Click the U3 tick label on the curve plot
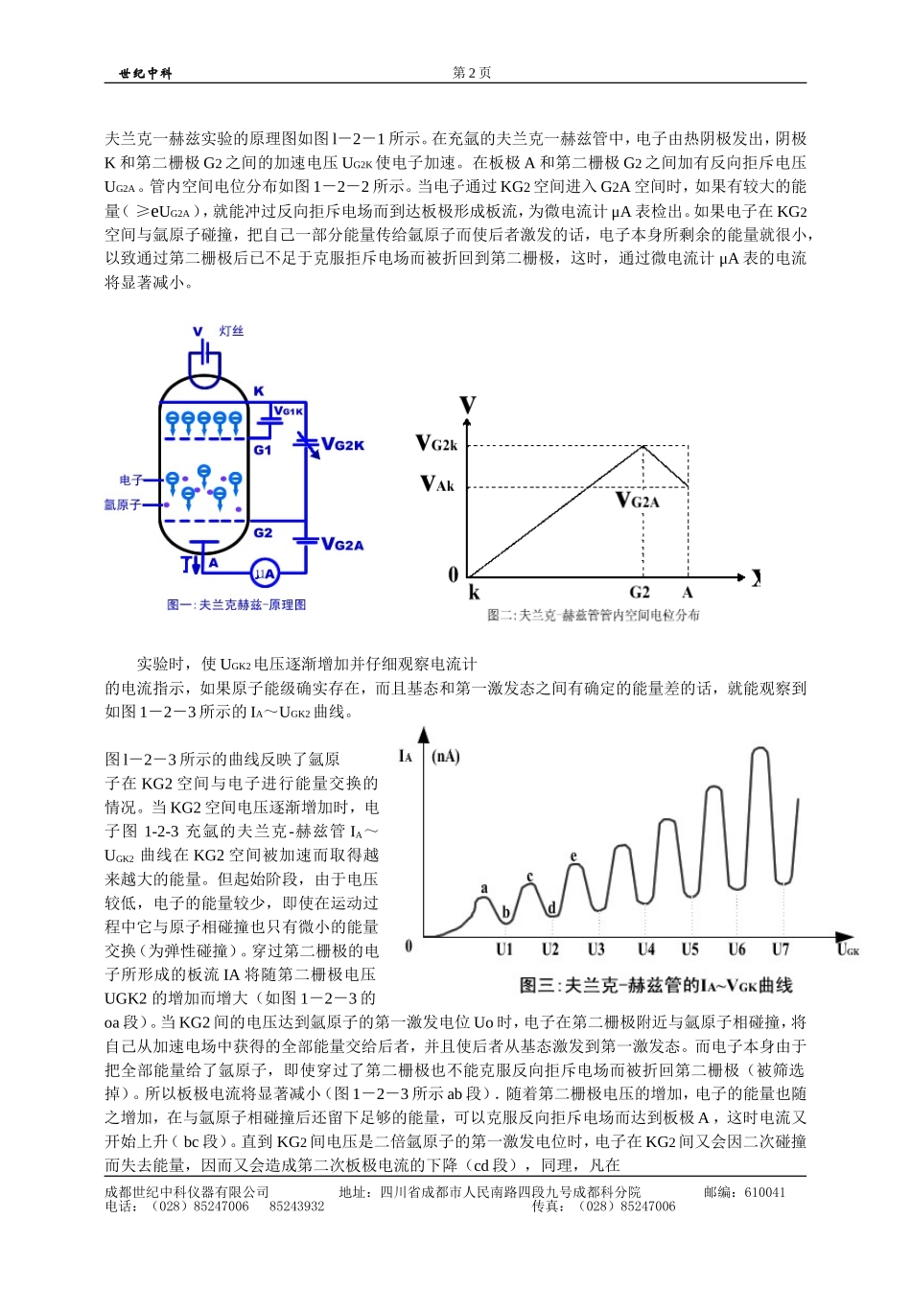596,949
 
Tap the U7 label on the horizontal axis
781,949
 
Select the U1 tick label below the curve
504,949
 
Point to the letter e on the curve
573,856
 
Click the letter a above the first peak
484,888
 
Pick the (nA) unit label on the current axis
446,757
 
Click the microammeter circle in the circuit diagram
265,574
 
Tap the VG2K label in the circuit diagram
341,444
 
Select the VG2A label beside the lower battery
341,545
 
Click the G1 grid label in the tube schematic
263,450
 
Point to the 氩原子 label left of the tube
123,504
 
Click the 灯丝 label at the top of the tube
231,331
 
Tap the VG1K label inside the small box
289,410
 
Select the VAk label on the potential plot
437,484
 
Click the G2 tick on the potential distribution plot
640,593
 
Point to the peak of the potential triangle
642,446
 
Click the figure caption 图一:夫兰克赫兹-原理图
236,605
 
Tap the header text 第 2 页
472,73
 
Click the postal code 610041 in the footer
764,1193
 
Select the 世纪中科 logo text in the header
146,74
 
